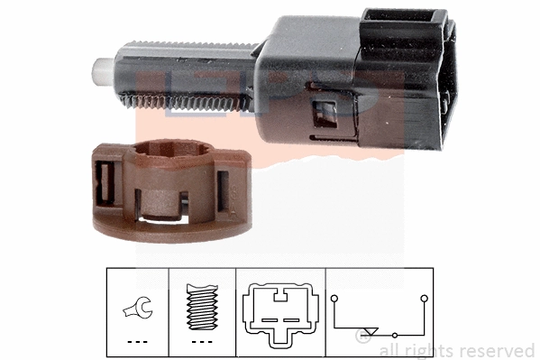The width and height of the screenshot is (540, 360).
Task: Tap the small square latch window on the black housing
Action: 320,115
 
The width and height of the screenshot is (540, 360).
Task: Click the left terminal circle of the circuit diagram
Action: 334,296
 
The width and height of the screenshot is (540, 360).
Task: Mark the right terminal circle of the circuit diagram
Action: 419,296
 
